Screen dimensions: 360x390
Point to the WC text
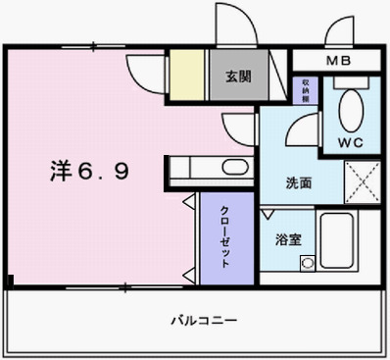click(350, 142)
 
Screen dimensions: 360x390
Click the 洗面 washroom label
click(298, 182)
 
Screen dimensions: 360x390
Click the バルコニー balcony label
click(203, 320)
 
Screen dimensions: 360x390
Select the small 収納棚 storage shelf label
click(307, 90)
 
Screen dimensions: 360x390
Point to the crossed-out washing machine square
click(361, 182)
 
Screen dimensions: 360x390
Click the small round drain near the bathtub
click(307, 263)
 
